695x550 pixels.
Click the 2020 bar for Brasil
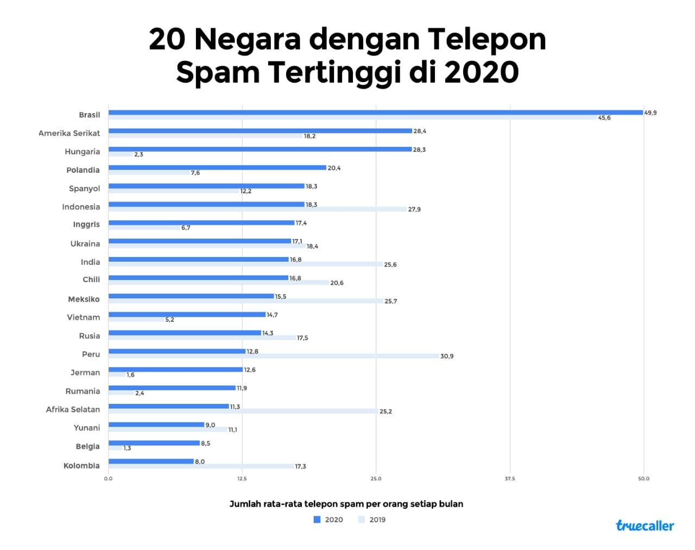(375, 112)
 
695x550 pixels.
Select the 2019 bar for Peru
(274, 357)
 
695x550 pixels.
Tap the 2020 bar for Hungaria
(260, 149)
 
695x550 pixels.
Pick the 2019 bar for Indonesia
(257, 209)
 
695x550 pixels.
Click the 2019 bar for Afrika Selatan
(243, 411)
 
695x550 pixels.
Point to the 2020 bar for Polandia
(217, 168)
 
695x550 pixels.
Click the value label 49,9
(650, 113)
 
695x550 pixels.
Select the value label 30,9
(447, 357)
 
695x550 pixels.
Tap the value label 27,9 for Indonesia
(414, 209)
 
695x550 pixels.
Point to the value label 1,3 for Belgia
(127, 448)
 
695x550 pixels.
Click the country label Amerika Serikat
(69, 133)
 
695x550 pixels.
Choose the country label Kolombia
(81, 466)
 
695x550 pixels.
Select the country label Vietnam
(84, 317)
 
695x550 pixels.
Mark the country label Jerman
(85, 373)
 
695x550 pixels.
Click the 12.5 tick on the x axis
(242, 479)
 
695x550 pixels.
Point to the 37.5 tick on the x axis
(509, 479)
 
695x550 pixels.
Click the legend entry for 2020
(328, 520)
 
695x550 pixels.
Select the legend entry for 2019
(372, 520)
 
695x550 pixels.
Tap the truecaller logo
(645, 526)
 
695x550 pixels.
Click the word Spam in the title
(218, 72)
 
